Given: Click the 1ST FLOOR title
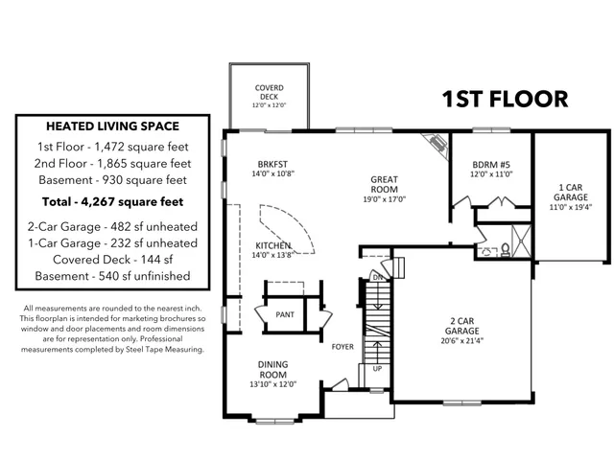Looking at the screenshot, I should point(505,99).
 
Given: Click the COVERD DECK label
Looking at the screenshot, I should point(269,92).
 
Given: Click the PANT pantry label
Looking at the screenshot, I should point(285,314).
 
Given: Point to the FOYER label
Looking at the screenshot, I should point(343,346).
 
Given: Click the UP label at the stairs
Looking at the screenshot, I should point(377,367).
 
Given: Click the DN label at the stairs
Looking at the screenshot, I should point(378,277).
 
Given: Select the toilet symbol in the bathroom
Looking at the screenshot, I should point(505,250).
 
